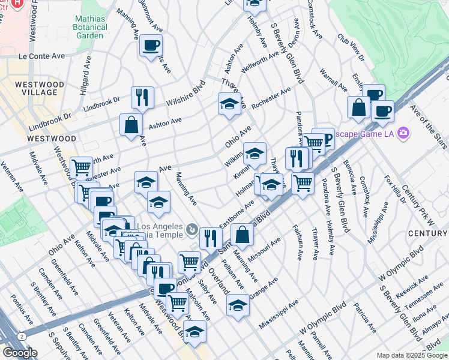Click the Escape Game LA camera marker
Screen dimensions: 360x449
(x=403, y=133)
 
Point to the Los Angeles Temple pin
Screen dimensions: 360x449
(x=191, y=229)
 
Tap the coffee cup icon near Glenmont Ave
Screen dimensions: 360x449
(x=151, y=46)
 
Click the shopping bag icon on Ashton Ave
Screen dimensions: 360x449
(x=131, y=125)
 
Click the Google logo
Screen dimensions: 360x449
(x=20, y=353)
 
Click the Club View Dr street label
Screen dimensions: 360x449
(x=351, y=47)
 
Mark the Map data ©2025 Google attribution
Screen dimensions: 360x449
(x=412, y=355)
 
